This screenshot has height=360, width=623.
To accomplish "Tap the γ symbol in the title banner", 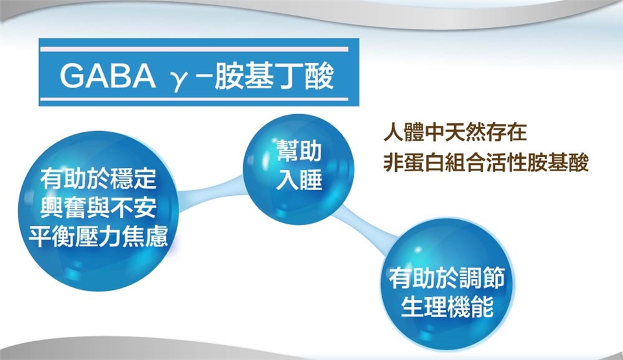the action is point(177,80).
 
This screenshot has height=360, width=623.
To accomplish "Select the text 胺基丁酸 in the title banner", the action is point(274,75).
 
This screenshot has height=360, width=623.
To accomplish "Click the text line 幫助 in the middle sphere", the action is point(299,150).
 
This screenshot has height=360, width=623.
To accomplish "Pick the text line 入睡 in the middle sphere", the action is point(299,180).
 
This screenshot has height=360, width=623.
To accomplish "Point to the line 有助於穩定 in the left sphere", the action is point(98,179).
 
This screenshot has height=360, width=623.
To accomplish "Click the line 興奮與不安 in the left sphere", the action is point(98,208).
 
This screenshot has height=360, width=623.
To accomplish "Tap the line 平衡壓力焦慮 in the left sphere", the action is point(98,236).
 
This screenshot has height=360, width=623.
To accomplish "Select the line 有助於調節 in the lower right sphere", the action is point(447,278).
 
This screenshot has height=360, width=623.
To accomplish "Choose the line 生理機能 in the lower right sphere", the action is point(447,306).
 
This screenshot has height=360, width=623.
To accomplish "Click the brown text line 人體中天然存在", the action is point(456,133).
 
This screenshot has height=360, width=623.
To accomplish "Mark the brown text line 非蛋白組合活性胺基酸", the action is point(486,163).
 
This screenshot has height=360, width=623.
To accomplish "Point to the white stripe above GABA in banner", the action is point(194,49).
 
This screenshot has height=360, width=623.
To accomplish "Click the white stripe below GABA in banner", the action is point(194,99).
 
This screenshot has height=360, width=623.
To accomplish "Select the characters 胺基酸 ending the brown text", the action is point(558,163).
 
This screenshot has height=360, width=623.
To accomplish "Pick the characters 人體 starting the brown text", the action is point(404,133).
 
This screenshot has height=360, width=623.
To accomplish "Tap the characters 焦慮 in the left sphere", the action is point(145,236).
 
